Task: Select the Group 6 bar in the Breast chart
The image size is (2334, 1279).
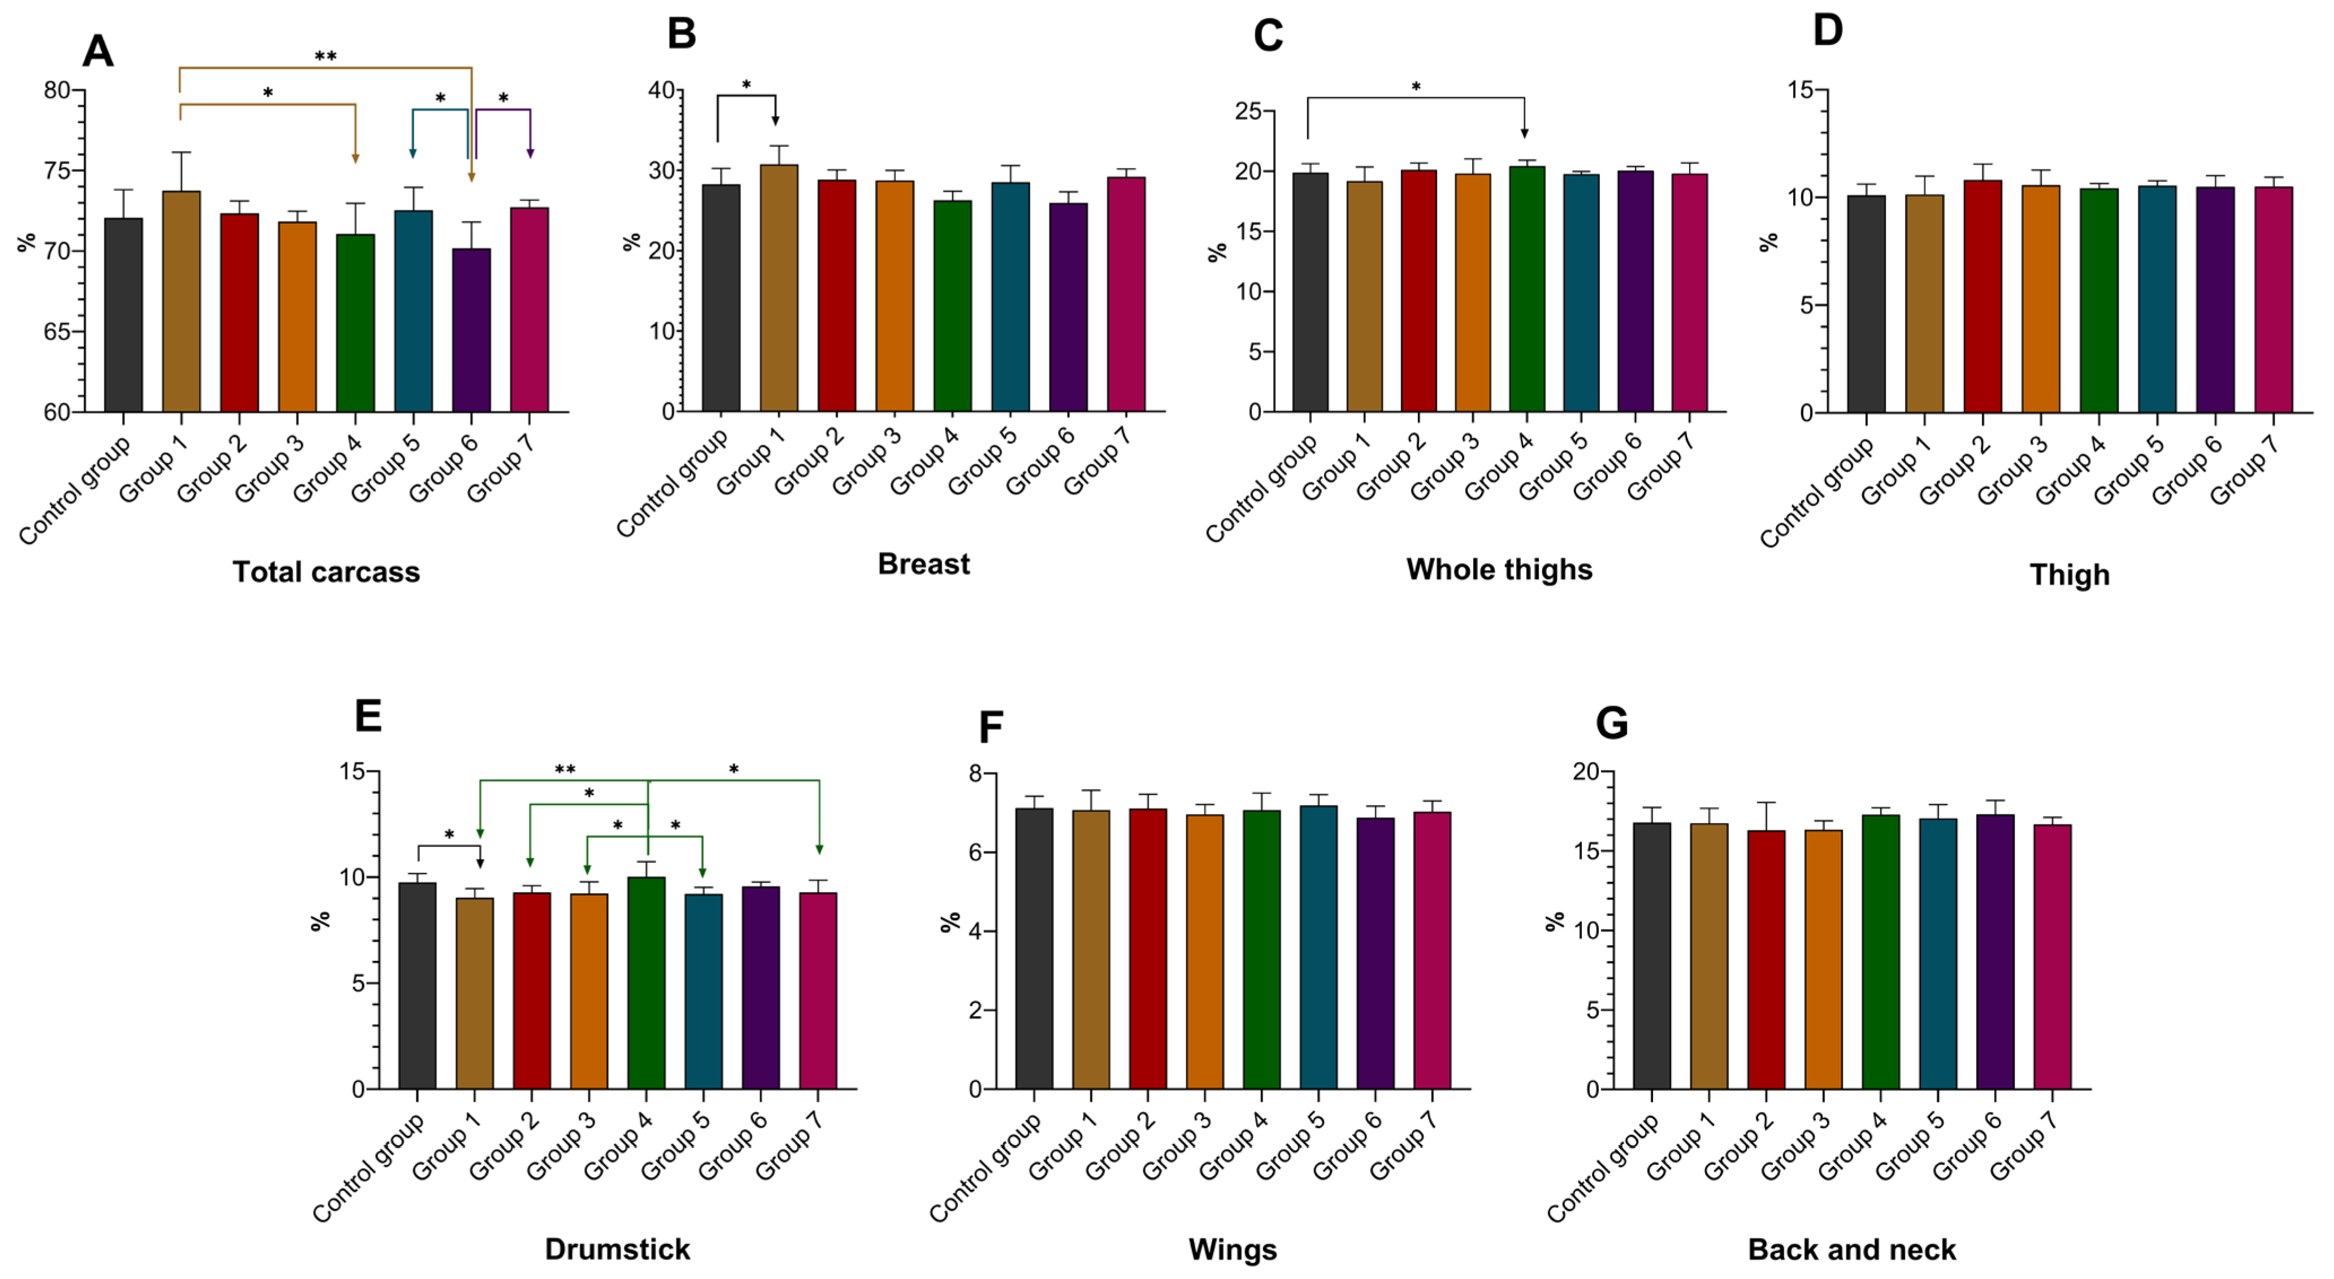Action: [1068, 308]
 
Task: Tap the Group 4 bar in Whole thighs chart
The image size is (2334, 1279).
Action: [1526, 290]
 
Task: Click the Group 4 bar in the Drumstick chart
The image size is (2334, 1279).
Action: [646, 984]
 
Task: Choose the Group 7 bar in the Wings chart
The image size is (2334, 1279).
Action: [1431, 951]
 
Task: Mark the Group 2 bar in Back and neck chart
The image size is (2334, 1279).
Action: [1766, 960]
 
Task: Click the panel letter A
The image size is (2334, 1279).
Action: [98, 51]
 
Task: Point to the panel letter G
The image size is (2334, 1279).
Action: [1611, 723]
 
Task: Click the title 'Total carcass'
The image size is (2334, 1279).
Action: [326, 572]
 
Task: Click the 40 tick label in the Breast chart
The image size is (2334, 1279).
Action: [661, 90]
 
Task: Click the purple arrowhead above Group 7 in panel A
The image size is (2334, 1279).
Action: [530, 154]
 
